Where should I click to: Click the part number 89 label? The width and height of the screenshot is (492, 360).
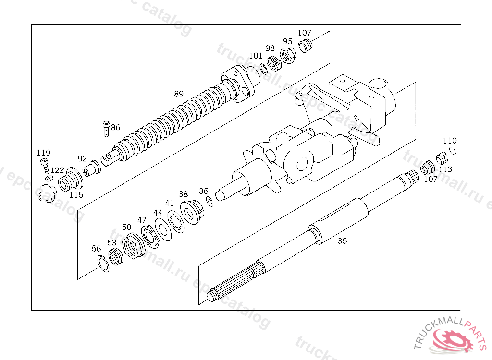click(x=179, y=94)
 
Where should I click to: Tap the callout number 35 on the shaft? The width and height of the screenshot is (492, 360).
click(x=342, y=241)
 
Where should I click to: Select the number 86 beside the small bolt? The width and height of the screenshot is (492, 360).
click(x=116, y=128)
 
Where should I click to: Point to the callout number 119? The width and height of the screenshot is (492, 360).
click(x=44, y=153)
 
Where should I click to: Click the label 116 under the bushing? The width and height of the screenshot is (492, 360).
click(x=76, y=195)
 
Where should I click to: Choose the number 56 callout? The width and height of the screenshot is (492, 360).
click(x=97, y=248)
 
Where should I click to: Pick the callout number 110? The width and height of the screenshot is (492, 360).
click(x=450, y=141)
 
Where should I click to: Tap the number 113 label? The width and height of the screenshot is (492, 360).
click(x=445, y=169)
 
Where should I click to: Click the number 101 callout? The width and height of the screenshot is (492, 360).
click(x=256, y=56)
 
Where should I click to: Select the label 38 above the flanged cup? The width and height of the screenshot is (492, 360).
click(x=184, y=194)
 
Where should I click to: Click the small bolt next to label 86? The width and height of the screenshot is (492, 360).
click(x=106, y=129)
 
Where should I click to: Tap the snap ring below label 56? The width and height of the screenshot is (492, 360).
click(x=102, y=264)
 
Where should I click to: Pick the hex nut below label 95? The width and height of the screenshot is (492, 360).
click(x=288, y=57)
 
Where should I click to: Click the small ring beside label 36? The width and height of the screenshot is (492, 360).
click(x=209, y=201)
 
